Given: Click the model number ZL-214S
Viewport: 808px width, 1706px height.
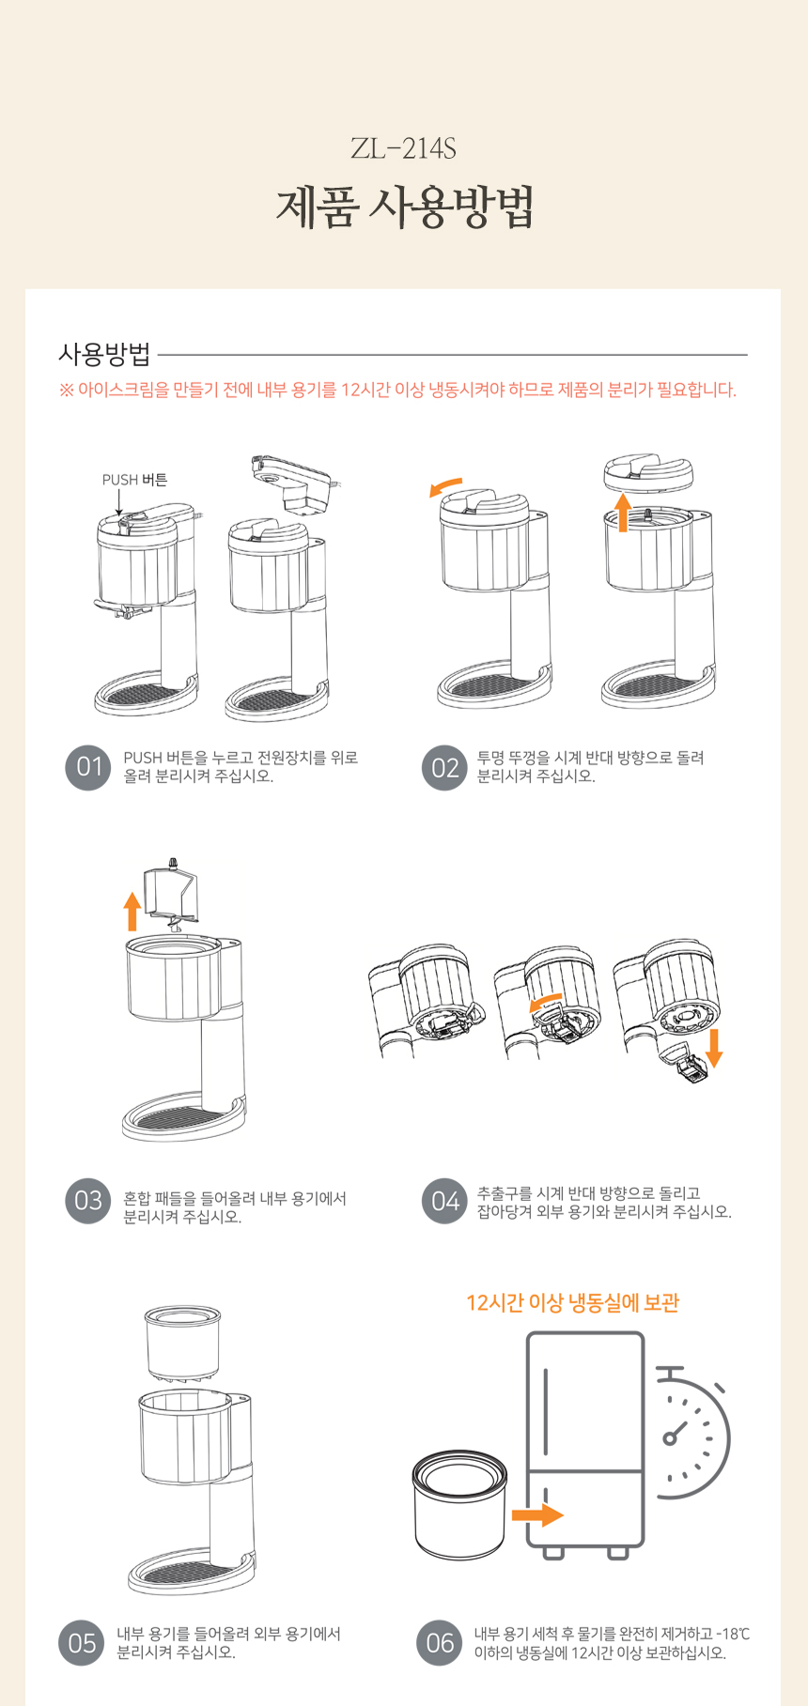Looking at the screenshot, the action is point(403,148).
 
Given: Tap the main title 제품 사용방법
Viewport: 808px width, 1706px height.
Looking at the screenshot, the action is point(405,207).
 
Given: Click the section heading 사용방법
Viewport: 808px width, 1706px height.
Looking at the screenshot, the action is point(104,354).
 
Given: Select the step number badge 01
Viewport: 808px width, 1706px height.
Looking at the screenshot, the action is point(88,767).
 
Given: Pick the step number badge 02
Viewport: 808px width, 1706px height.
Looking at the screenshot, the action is point(444,768).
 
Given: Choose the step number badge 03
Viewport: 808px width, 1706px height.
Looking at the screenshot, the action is point(88,1201).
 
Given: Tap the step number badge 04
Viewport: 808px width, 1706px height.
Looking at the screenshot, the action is point(444,1201).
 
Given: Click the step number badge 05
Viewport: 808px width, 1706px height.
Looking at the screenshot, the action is point(82,1643).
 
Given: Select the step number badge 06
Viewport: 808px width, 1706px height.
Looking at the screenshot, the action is point(440,1643).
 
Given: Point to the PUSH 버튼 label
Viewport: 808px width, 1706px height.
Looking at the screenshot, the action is point(135,480).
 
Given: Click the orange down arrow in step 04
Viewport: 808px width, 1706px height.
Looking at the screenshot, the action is point(714,1048).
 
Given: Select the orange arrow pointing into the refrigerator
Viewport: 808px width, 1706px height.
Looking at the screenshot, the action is point(537,1514).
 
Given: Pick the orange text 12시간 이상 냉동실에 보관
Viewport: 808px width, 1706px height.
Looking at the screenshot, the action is point(572,1303).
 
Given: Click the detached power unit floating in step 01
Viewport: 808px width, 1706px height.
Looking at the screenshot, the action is point(294,484).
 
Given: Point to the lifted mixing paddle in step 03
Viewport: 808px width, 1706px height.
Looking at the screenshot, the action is point(170,894).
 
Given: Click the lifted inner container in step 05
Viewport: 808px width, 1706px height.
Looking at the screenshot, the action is point(183,1343).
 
